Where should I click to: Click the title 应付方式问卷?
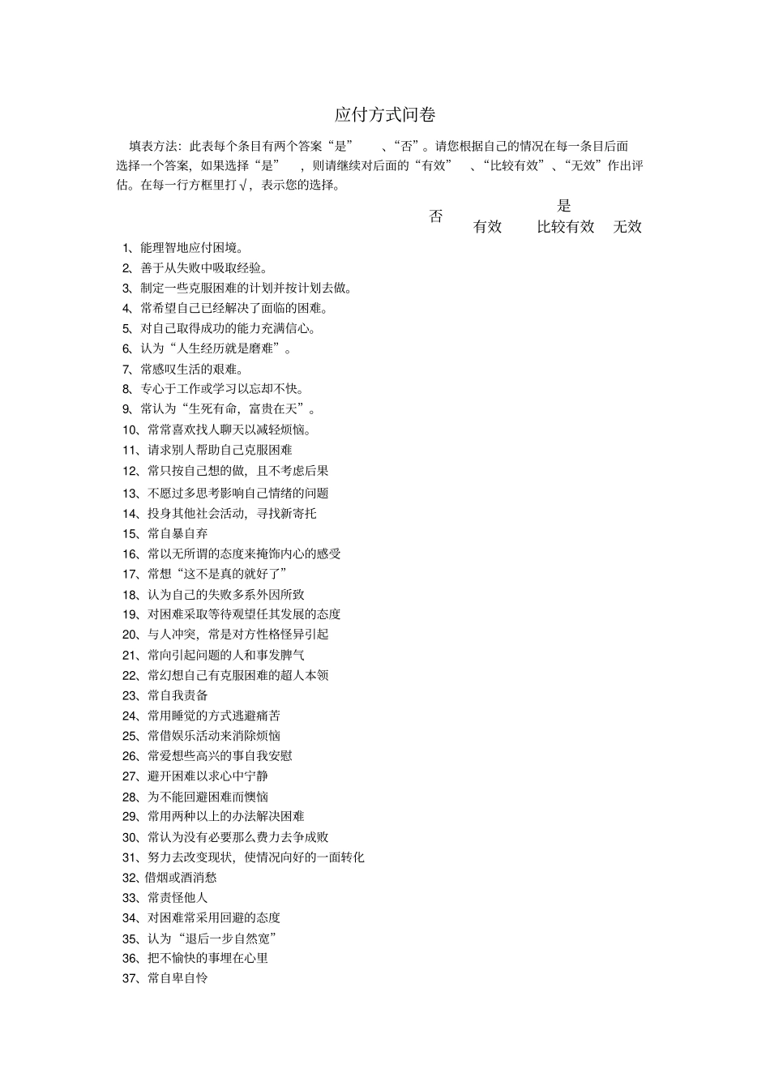tap(385, 114)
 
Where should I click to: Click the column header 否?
tap(436, 216)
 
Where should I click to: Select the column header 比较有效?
tap(566, 227)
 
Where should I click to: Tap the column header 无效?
tap(627, 227)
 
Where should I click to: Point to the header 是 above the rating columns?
tap(564, 206)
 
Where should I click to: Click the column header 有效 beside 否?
tap(487, 227)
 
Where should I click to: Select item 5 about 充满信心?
tap(220, 328)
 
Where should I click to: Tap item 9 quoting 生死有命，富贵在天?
tap(220, 409)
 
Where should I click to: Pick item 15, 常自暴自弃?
tap(165, 533)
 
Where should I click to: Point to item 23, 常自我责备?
tap(165, 695)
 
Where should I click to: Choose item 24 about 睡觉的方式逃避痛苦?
tap(202, 716)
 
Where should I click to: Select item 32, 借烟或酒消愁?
tap(169, 877)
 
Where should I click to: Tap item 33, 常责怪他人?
tap(165, 897)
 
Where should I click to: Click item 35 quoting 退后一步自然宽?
tap(201, 938)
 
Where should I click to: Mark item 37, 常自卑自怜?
tap(165, 978)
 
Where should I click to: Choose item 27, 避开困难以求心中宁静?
tap(195, 776)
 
